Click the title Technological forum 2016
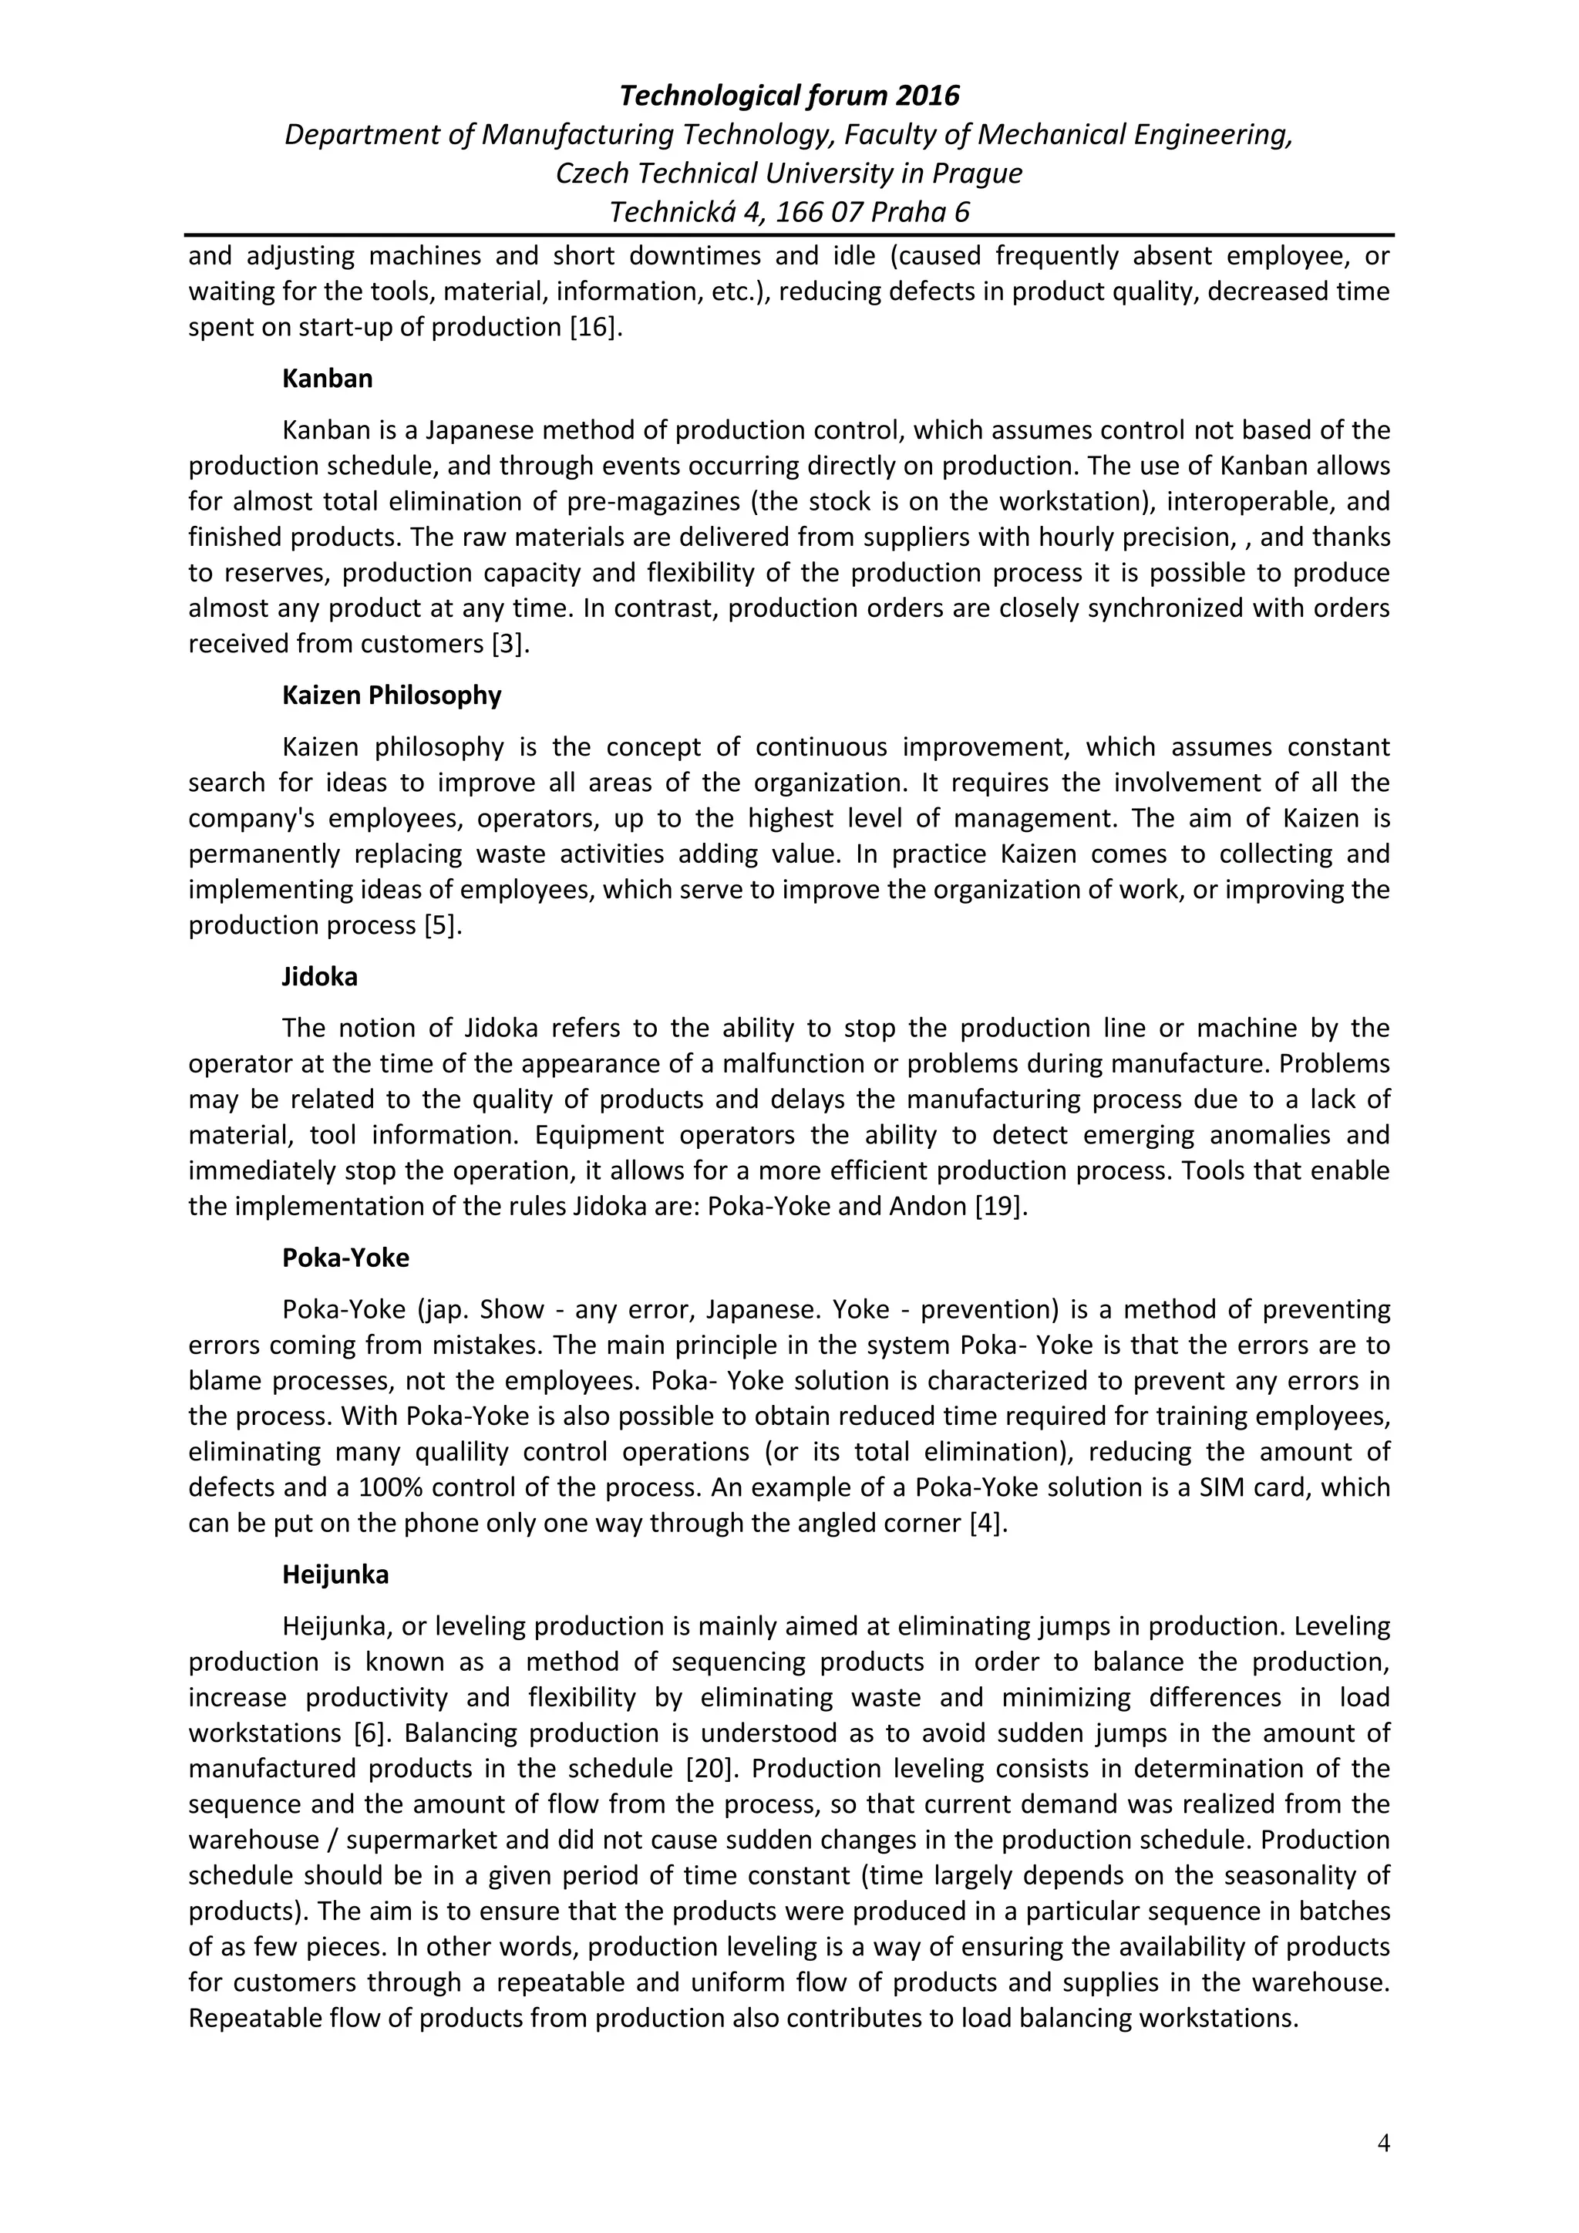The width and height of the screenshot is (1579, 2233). click(789, 96)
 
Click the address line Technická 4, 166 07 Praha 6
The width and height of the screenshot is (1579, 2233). click(789, 212)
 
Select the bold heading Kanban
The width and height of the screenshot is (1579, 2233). click(327, 379)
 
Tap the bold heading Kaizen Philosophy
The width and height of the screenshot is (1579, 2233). click(391, 695)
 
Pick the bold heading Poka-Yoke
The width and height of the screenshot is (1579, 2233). click(345, 1258)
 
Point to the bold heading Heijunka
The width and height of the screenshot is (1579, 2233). click(335, 1575)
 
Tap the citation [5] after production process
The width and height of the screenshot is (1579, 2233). click(443, 925)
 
